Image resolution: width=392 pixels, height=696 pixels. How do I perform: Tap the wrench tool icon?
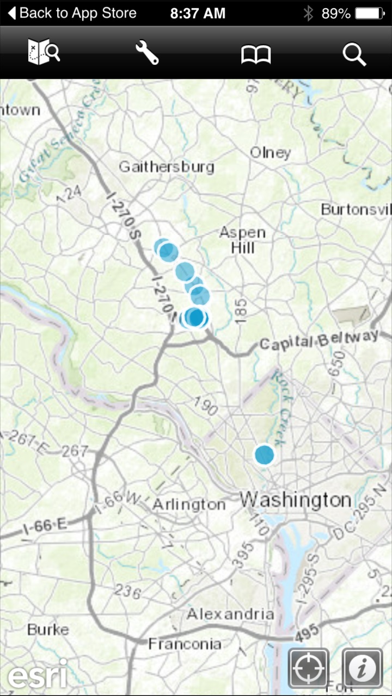(x=147, y=53)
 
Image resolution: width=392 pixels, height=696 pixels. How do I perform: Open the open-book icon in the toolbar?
(x=256, y=54)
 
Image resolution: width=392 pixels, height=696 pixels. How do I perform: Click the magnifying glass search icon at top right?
(x=354, y=54)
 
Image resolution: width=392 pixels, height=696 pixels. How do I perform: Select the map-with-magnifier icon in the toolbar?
(x=44, y=53)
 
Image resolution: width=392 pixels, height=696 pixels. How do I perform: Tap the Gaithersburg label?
(x=167, y=166)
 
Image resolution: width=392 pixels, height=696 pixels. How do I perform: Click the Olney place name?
(x=270, y=153)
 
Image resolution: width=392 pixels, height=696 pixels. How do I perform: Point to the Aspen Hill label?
(x=243, y=240)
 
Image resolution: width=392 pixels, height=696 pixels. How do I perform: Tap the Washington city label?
(x=296, y=499)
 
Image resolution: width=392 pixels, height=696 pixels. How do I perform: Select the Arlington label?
(x=188, y=505)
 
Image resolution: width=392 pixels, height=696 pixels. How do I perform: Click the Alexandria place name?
(x=230, y=614)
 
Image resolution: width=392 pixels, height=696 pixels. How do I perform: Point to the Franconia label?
(x=185, y=644)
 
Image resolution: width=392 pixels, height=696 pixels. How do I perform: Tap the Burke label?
(x=48, y=630)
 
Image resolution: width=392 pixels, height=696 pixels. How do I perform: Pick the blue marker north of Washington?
(x=265, y=455)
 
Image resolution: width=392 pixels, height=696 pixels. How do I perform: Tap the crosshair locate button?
(x=308, y=668)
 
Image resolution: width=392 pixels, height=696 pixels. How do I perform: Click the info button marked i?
(x=362, y=668)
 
